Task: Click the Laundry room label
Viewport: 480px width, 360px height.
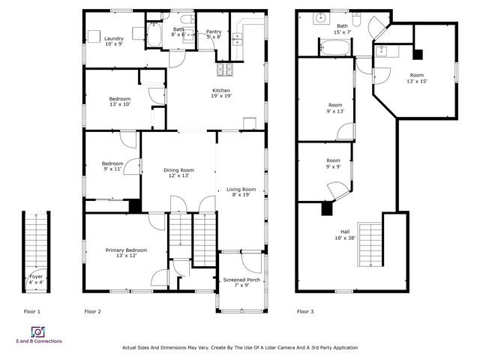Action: tap(114, 41)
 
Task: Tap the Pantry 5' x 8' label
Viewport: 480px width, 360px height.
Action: tap(214, 34)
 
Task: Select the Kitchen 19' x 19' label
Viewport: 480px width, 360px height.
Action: tap(220, 93)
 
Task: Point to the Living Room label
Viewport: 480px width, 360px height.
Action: tap(241, 192)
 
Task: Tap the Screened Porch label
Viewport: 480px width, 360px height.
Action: tap(241, 283)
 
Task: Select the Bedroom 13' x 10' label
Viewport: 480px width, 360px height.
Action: tap(120, 102)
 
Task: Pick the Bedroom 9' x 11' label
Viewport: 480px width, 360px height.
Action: tap(112, 166)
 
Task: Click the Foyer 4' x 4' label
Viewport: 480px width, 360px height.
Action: tap(36, 279)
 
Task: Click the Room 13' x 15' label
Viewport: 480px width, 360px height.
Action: tap(417, 78)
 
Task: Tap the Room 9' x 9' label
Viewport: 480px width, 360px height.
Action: tap(333, 163)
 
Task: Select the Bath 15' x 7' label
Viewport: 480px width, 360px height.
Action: tap(342, 28)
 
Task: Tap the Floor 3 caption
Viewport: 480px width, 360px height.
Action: tap(305, 310)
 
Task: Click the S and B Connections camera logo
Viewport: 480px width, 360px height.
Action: tap(37, 331)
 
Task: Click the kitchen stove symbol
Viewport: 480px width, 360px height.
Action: tap(224, 70)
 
